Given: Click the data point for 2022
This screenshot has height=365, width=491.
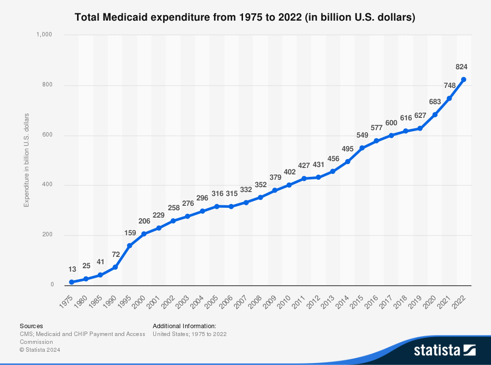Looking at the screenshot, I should pos(464,80).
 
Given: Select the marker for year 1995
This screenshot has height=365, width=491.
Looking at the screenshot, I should pos(130,246).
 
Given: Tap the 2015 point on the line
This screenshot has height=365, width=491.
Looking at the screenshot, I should pos(362,148).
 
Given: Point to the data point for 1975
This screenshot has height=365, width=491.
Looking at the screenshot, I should pos(72,282).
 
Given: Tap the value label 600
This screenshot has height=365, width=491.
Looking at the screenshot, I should pos(391,123).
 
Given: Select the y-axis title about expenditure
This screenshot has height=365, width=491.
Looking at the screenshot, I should pos(27,160).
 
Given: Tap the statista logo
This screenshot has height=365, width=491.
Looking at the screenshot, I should pos(444,350).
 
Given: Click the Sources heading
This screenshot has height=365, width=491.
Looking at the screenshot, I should pos(31,326).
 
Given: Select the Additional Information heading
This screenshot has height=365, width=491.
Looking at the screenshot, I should pos(184,326).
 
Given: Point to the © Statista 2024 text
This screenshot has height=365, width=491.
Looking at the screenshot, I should pos(43,350).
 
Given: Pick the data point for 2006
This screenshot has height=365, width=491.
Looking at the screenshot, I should pos(231,206).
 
